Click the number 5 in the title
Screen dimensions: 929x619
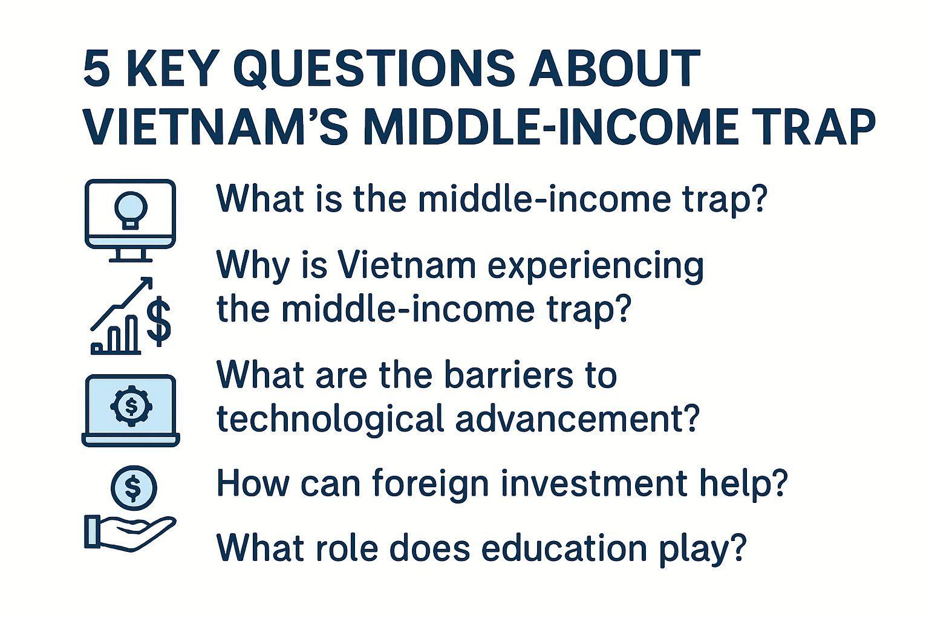97,69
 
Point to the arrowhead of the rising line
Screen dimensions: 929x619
146,284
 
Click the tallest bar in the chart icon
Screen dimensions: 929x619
131,334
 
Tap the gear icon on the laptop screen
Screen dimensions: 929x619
131,406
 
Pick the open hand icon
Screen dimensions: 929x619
130,533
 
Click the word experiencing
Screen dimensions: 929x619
595,266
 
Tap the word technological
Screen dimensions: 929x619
331,419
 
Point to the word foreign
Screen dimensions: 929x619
431,484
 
